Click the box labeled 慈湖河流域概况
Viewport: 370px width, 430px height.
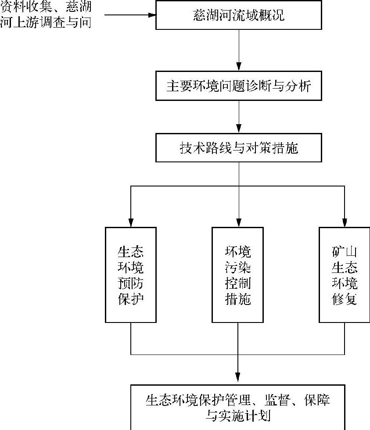[x=239, y=15]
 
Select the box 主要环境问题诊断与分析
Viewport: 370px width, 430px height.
[x=239, y=86]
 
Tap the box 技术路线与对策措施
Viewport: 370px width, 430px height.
[x=239, y=148]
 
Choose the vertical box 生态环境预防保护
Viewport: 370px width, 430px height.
[x=131, y=275]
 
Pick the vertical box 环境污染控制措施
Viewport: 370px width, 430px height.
[x=237, y=275]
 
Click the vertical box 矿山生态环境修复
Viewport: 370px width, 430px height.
[x=345, y=275]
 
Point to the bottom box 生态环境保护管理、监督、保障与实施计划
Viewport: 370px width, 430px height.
[x=237, y=408]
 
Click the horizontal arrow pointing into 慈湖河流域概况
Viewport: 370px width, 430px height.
[x=130, y=15]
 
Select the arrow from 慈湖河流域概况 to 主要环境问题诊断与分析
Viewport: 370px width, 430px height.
[x=239, y=50]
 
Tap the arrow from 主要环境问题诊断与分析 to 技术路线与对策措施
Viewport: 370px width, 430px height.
[x=239, y=117]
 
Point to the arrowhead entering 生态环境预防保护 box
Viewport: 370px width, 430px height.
[x=131, y=223]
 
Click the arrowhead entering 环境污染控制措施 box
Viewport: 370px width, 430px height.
[x=239, y=223]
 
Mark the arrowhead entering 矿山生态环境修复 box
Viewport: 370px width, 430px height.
[x=345, y=223]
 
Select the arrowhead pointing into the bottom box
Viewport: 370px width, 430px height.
[x=237, y=377]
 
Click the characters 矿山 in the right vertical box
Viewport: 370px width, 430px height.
[x=345, y=252]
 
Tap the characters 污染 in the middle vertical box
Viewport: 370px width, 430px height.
[x=237, y=267]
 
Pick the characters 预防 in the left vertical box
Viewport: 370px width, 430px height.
[x=131, y=283]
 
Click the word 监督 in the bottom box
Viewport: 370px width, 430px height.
[x=277, y=400]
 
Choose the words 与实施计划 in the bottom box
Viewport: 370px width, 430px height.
[x=238, y=416]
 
